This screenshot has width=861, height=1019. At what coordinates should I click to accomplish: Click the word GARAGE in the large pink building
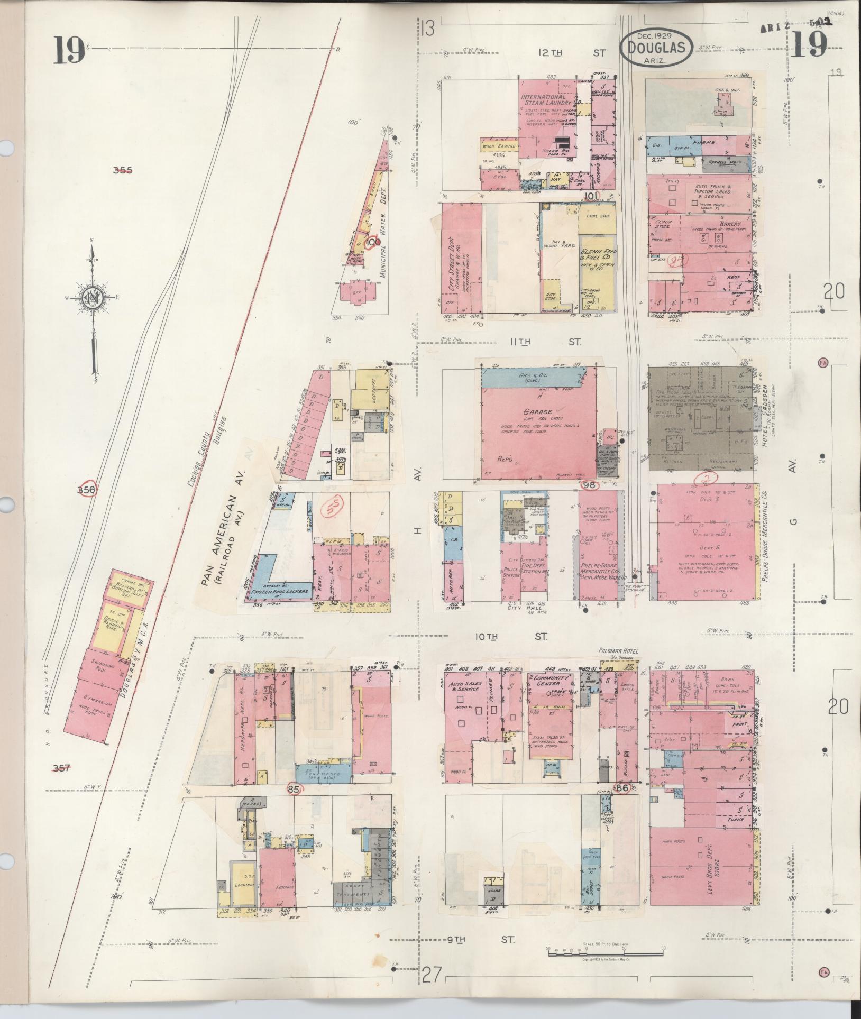click(538, 411)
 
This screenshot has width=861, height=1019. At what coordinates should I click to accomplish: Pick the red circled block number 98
click(589, 484)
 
